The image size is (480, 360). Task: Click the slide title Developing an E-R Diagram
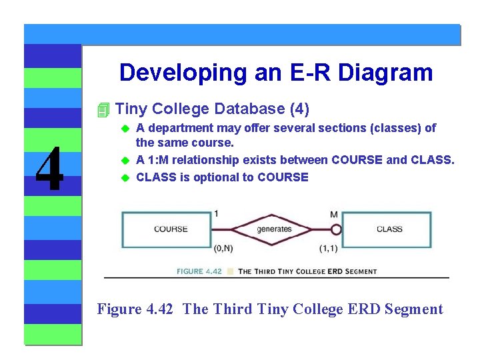coord(276,73)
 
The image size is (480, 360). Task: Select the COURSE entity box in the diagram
coord(171,229)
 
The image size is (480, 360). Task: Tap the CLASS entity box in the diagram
coord(389,229)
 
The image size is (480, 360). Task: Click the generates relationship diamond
coord(273,229)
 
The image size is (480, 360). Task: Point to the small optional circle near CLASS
coord(336,229)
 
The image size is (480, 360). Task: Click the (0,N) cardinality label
coord(223,249)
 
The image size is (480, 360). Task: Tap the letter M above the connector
coord(333,214)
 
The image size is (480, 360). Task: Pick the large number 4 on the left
coord(49,169)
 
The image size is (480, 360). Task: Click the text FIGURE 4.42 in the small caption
coord(199,271)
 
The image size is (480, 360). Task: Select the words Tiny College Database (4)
coord(212,109)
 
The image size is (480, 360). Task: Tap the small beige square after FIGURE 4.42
coord(230,271)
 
